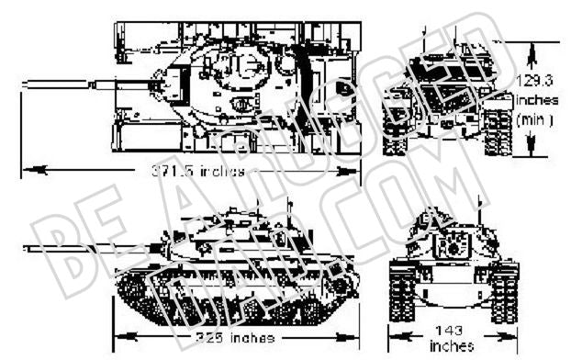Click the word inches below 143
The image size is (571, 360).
click(451, 346)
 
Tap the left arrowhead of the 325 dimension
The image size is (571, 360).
click(120, 336)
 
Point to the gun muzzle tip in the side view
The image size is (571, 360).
click(29, 247)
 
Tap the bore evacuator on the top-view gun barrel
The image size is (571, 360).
click(103, 84)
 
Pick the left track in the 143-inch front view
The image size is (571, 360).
click(401, 285)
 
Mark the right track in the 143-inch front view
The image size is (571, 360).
click(504, 285)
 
